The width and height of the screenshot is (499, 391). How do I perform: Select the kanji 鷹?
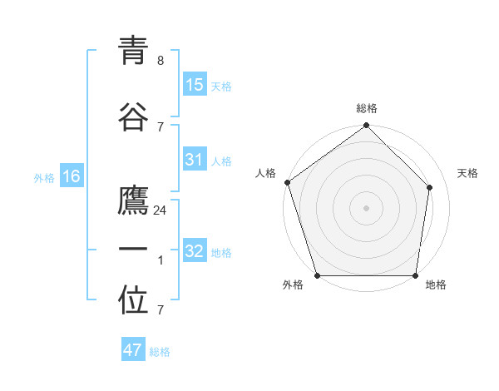click(134, 201)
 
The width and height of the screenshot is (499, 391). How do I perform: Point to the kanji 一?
click(134, 250)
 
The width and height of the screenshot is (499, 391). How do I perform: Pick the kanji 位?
click(134, 301)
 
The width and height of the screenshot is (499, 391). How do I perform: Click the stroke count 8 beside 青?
click(161, 61)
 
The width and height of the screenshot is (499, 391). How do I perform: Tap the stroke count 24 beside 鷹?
click(161, 210)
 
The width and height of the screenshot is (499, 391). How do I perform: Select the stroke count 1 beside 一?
click(161, 260)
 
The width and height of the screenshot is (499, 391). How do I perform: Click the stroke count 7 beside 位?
click(161, 310)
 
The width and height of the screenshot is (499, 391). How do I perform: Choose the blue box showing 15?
click(195, 85)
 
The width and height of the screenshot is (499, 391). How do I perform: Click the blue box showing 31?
click(195, 160)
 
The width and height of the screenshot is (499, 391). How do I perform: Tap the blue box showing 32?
click(195, 252)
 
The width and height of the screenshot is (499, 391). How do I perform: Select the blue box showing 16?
click(72, 176)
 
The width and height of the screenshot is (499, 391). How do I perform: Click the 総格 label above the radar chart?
click(366, 108)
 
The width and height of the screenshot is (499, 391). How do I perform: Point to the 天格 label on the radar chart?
click(467, 173)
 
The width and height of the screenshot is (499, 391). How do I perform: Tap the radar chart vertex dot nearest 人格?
click(287, 182)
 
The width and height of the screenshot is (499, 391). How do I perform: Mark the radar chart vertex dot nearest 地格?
click(415, 275)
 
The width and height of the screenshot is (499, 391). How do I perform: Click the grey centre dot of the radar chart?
click(366, 207)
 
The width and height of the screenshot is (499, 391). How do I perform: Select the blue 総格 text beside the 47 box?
click(160, 352)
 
